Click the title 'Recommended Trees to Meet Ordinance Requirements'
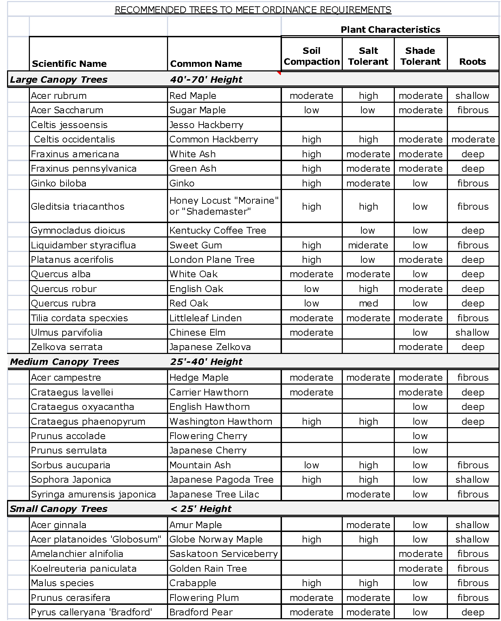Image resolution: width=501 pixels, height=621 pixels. (x=253, y=10)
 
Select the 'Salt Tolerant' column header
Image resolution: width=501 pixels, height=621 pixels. (x=368, y=56)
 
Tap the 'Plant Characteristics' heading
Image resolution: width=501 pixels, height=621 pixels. (x=390, y=30)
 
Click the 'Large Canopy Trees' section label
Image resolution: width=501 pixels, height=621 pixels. (x=59, y=80)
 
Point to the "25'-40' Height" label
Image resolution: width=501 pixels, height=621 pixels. (x=206, y=362)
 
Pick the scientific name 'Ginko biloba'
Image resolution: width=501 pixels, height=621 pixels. (x=59, y=183)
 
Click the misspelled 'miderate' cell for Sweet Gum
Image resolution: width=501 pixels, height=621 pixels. (x=368, y=245)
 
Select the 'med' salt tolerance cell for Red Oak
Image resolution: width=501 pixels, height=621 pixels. (x=368, y=303)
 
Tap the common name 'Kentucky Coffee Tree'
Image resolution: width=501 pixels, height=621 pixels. (x=218, y=230)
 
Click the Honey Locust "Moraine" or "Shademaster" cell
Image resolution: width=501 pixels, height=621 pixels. (x=224, y=206)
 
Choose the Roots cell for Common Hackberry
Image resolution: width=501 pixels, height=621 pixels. (x=473, y=139)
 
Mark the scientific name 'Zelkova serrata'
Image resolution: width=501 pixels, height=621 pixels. (x=67, y=347)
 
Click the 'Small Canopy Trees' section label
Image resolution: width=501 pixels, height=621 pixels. (x=59, y=509)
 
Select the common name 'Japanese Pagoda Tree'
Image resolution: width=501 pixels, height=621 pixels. (x=221, y=480)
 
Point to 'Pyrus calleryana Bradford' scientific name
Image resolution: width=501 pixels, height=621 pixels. (x=92, y=612)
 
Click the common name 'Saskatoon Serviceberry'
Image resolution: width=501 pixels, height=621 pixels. (x=224, y=554)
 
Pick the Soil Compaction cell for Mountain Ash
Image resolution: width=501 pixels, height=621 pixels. (x=311, y=465)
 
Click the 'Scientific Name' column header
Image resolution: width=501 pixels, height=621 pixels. (x=69, y=64)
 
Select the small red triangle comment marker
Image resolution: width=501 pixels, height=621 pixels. (x=279, y=73)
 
